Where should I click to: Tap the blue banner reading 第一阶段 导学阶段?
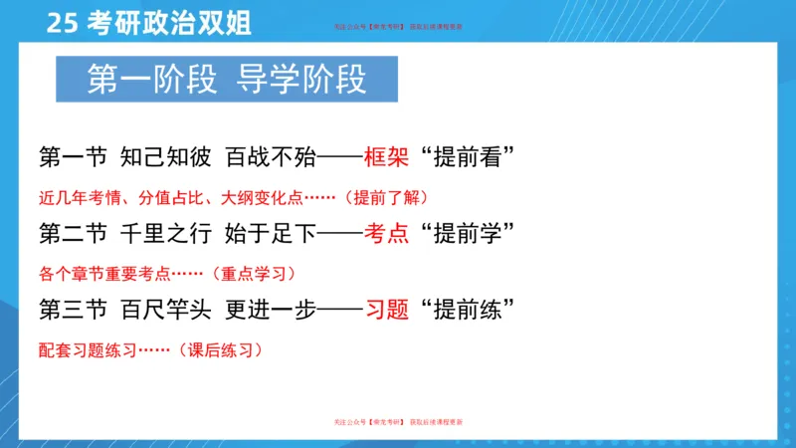pos(227,81)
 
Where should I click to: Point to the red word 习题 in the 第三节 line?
pos(387,311)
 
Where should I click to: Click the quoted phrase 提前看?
pos(473,156)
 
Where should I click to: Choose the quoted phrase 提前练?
pos(473,311)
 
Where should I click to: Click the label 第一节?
pos(72,156)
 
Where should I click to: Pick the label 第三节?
pos(72,311)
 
